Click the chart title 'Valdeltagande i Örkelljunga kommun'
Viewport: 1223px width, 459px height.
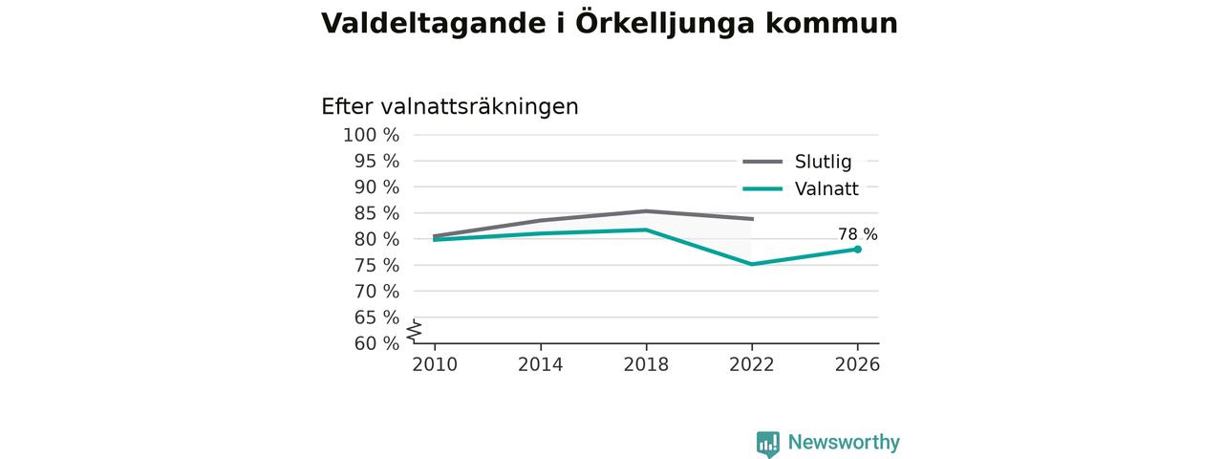tap(610, 24)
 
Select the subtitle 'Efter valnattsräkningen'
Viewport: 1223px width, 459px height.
tap(450, 106)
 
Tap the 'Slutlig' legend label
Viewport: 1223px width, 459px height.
tap(823, 162)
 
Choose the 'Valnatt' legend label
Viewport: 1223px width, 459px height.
tap(826, 189)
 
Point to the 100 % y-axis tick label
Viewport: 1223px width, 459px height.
tap(372, 135)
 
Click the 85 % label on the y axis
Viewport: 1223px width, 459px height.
tap(376, 213)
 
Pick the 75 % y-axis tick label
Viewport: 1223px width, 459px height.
tap(376, 266)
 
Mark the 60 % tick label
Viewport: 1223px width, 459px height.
tap(376, 343)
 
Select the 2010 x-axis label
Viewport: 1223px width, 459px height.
tap(435, 364)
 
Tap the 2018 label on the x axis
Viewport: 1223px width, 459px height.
tap(646, 364)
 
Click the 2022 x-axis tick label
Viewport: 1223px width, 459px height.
tap(752, 364)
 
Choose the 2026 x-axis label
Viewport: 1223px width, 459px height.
tap(857, 364)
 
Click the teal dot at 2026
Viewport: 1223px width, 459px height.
tap(858, 250)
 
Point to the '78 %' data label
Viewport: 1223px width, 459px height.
tap(858, 234)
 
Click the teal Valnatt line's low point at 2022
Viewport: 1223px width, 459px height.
tap(752, 265)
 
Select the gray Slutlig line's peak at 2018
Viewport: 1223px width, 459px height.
tap(646, 211)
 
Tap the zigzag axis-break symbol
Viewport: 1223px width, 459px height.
tap(415, 331)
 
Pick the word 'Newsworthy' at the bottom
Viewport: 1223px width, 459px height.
tap(844, 442)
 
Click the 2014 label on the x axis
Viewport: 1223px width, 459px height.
tap(540, 364)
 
